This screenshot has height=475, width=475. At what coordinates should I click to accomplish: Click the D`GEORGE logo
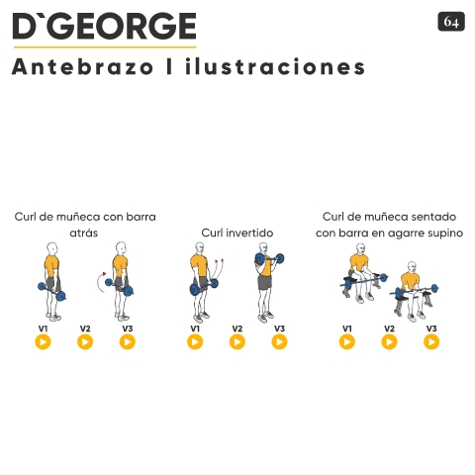105,26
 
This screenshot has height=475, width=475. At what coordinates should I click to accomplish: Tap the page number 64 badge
451,22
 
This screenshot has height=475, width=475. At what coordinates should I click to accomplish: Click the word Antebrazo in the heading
83,66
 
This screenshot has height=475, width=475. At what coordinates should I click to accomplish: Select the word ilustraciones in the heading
275,66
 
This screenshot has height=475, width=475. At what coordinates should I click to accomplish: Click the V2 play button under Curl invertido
237,341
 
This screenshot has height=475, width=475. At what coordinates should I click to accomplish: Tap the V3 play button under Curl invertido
279,341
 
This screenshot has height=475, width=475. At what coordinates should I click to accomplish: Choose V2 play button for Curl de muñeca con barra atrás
85,341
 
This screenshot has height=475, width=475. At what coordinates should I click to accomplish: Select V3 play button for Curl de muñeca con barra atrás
128,341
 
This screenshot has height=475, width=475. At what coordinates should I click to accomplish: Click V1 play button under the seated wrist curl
347,341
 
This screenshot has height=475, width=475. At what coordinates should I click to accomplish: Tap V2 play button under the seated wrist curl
389,341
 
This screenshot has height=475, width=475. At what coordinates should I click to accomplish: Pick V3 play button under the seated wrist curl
431,341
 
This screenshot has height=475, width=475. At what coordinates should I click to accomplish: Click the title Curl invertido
237,233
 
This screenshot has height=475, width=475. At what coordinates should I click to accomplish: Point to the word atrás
84,233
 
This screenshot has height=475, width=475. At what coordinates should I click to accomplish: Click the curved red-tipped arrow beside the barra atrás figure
99,282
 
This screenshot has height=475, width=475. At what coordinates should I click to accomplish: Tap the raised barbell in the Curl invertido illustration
269,259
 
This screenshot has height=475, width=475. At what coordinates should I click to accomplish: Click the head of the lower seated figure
412,267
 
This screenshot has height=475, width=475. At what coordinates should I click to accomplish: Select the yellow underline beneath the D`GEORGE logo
105,47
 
